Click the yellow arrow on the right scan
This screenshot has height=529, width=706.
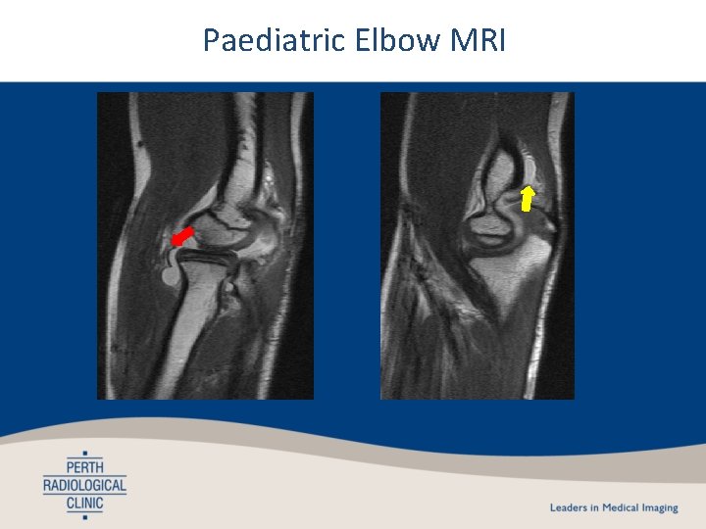(527, 199)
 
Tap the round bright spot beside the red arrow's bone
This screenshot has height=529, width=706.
(171, 277)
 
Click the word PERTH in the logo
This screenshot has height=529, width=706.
(85, 466)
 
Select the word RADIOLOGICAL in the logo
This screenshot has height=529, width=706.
(85, 485)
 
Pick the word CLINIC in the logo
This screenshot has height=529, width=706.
(85, 504)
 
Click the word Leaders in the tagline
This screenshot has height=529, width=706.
(568, 508)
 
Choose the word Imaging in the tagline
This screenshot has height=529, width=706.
(659, 508)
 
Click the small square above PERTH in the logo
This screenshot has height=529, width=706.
(85, 453)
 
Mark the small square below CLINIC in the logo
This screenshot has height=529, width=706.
(85, 517)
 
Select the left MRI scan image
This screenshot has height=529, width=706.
(205, 246)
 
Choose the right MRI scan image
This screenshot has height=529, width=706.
(478, 246)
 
